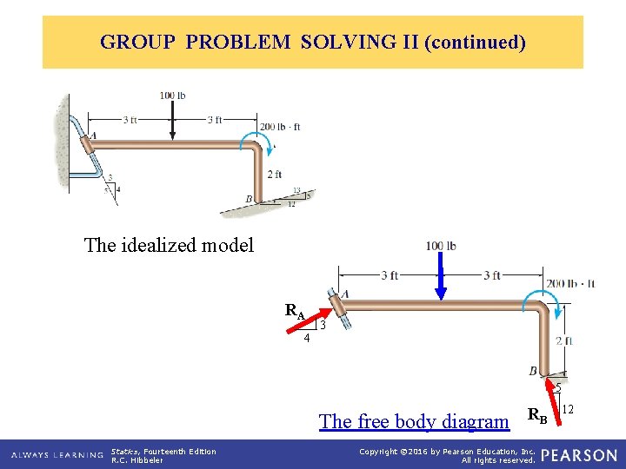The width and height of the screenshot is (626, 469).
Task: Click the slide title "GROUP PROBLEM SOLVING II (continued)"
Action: tap(313, 42)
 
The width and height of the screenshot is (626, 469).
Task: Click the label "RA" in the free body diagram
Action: tap(296, 310)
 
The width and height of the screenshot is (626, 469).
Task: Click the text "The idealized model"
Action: tap(169, 245)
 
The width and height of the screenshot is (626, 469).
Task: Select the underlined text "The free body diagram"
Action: tap(414, 421)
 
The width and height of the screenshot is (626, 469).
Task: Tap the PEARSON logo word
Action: tap(579, 455)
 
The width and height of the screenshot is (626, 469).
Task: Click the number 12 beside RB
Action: tap(569, 409)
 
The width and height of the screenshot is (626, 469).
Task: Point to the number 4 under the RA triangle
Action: tap(307, 339)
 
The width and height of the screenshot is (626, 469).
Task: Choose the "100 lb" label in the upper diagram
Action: tap(172, 95)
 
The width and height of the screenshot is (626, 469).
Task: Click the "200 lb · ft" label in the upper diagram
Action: tap(280, 127)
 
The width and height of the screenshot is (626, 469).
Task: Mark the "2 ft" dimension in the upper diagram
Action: tap(274, 174)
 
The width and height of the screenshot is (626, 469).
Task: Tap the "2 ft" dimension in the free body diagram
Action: tap(564, 340)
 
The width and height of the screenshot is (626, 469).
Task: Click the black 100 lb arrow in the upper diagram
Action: tap(172, 118)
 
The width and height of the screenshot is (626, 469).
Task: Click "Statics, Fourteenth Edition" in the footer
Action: tap(163, 451)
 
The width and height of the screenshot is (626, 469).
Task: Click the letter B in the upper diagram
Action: tap(250, 200)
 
